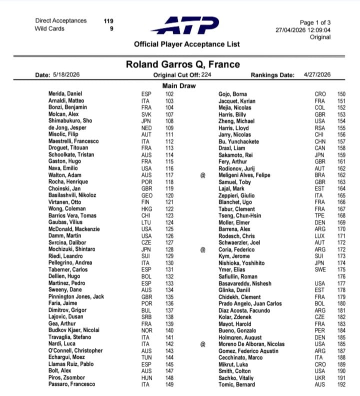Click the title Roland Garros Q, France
click(x=182, y=64)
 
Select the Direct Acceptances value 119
click(x=108, y=21)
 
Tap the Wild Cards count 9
click(x=111, y=28)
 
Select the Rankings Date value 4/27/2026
click(x=317, y=74)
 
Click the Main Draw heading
click(x=179, y=85)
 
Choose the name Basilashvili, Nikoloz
click(x=73, y=195)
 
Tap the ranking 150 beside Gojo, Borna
click(x=341, y=94)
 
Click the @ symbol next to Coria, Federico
click(x=203, y=249)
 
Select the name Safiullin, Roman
click(x=238, y=276)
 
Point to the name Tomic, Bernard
click(x=236, y=384)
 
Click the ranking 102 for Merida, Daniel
click(x=169, y=94)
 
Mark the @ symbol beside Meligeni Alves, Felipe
click(x=203, y=175)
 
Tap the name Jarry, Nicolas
click(x=234, y=134)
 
